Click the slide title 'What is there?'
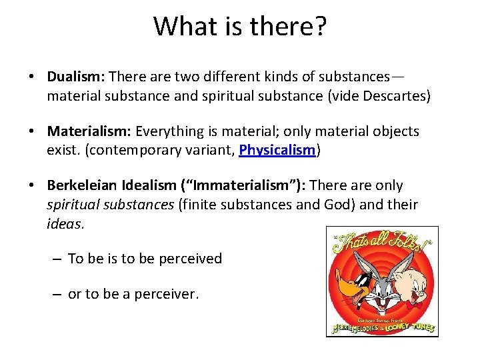(240, 27)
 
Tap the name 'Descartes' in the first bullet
(396, 96)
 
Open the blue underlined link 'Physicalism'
(277, 150)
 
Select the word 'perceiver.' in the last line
(167, 294)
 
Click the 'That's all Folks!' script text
(380, 243)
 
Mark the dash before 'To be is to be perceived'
(59, 259)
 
